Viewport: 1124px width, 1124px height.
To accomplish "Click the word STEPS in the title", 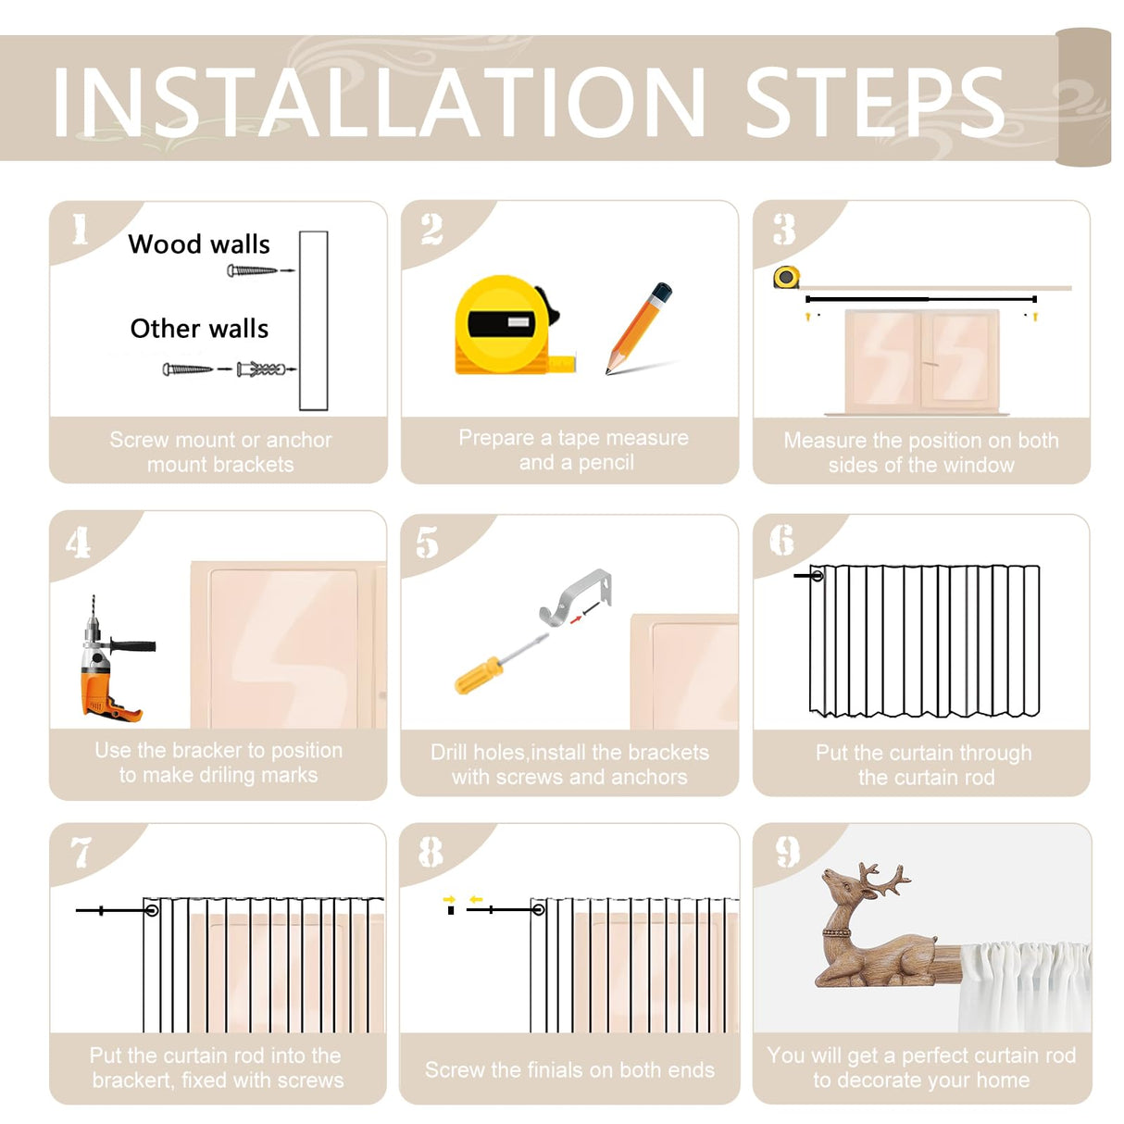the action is (x=874, y=102).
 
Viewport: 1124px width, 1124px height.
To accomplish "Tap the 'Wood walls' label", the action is (x=199, y=244).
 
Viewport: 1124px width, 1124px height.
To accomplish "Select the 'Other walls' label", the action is (x=199, y=329).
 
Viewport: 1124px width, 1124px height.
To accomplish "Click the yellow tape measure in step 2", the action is (x=515, y=325).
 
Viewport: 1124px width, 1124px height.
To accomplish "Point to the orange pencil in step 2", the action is (x=639, y=328).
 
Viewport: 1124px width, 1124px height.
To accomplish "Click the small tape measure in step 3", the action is (x=786, y=277).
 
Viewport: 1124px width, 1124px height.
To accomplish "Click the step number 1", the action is (x=80, y=229).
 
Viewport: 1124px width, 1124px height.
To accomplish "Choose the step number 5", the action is (x=427, y=542).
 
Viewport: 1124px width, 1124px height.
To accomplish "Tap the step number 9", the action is (x=787, y=852).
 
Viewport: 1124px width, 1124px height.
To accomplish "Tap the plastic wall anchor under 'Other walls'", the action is (x=261, y=369).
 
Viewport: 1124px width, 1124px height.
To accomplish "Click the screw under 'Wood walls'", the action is (x=252, y=270).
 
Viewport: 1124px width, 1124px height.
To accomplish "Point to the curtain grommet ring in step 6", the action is (x=818, y=576).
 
